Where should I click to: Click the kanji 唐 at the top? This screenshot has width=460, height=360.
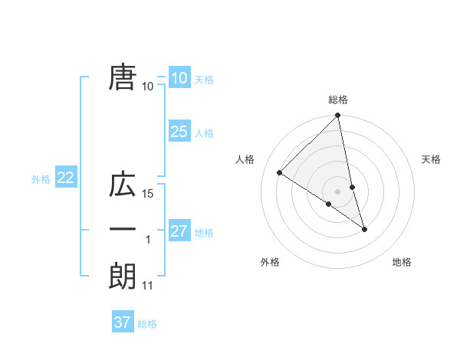coord(123,77)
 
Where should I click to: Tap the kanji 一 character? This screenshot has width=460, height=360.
coord(123,231)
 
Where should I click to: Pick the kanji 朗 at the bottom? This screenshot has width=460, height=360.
coord(123,277)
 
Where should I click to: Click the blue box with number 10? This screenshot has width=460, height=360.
coord(179,78)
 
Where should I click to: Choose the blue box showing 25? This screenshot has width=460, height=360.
coord(179,132)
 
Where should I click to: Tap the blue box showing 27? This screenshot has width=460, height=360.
coord(179,231)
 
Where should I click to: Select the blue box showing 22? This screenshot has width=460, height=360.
coord(65,178)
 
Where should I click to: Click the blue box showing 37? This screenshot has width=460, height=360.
coord(122,322)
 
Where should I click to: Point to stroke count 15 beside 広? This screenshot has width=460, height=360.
coord(149,194)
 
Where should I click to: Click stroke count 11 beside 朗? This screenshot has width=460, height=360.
coord(149,286)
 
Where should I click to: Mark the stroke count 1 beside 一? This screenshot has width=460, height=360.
coord(148,240)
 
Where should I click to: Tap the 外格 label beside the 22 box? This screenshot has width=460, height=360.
coord(41,179)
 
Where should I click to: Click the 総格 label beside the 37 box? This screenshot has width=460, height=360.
coord(147,324)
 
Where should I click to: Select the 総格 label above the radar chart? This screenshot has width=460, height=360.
coord(338,100)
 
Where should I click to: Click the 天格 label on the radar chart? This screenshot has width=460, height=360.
coord(431,159)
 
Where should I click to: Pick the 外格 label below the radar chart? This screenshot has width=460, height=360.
coord(270,262)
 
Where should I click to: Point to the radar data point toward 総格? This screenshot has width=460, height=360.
coord(338,116)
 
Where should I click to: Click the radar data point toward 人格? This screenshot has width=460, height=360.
coord(280,172)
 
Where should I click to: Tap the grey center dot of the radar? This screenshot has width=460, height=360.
coord(338,191)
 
